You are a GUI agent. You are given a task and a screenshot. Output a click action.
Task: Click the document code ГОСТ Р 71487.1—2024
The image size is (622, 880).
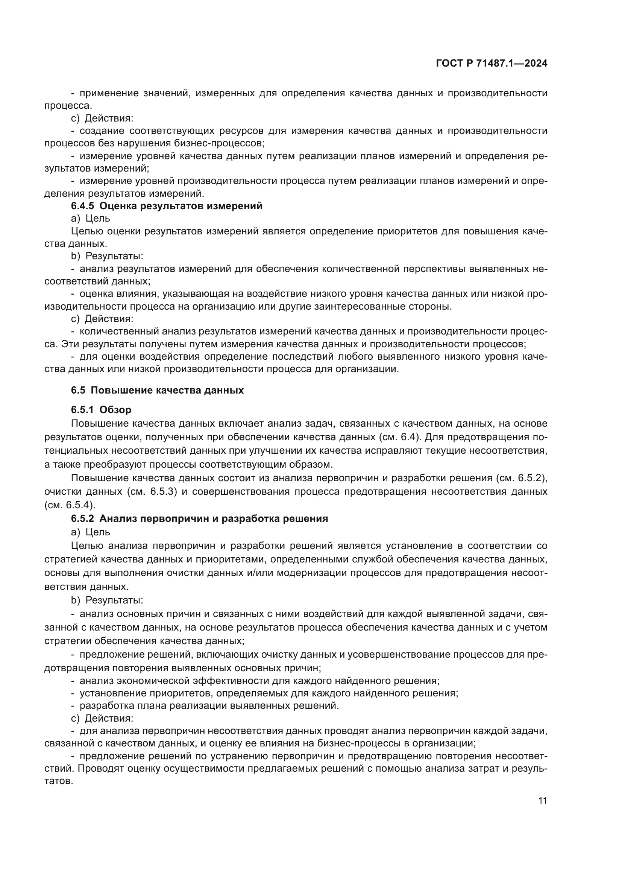(x=492, y=64)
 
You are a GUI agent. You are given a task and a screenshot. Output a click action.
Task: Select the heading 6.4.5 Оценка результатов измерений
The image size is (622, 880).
(x=167, y=206)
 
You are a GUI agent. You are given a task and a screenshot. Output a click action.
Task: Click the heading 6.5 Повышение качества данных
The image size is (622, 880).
(x=157, y=390)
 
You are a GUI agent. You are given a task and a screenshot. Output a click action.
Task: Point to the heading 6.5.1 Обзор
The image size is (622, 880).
(x=101, y=410)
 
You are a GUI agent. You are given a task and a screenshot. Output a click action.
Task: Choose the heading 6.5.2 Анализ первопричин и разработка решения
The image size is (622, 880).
(x=199, y=518)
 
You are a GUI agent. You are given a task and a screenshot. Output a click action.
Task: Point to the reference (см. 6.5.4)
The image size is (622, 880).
(x=70, y=505)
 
